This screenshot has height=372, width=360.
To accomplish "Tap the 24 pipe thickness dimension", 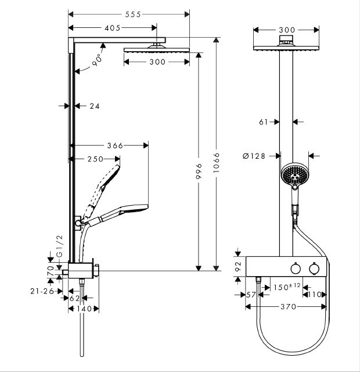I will pyautogui.click(x=95, y=106).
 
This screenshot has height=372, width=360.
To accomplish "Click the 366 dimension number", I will pyautogui.click(x=115, y=146).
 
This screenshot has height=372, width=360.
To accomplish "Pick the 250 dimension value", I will pyautogui.click(x=95, y=159).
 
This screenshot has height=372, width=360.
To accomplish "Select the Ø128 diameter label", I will pyautogui.click(x=255, y=156).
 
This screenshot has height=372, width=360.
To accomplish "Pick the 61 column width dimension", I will pyautogui.click(x=263, y=121).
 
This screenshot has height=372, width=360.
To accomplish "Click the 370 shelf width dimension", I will pyautogui.click(x=288, y=306).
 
